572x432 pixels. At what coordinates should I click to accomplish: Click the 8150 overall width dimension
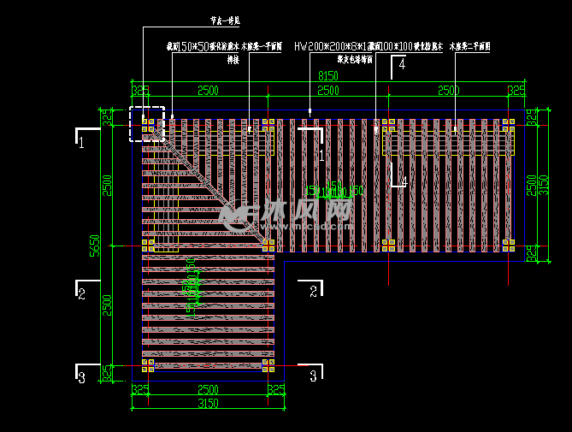coord(328,76)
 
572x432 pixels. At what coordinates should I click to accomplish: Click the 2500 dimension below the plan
coord(208,389)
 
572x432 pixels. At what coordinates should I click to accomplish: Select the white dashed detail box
coord(146,124)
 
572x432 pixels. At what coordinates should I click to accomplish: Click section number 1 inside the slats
coord(321,156)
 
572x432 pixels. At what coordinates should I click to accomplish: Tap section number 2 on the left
coord(81,294)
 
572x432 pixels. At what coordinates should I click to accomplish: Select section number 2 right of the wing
coord(313,292)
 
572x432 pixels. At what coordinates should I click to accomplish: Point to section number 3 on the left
coord(81,376)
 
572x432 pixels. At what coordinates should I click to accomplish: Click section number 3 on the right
coord(313,375)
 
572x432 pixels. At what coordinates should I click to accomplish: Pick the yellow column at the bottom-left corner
coord(148,365)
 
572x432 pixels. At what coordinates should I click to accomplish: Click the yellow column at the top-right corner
coord(508,125)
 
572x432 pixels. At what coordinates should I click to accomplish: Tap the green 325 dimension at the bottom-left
coord(139,389)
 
